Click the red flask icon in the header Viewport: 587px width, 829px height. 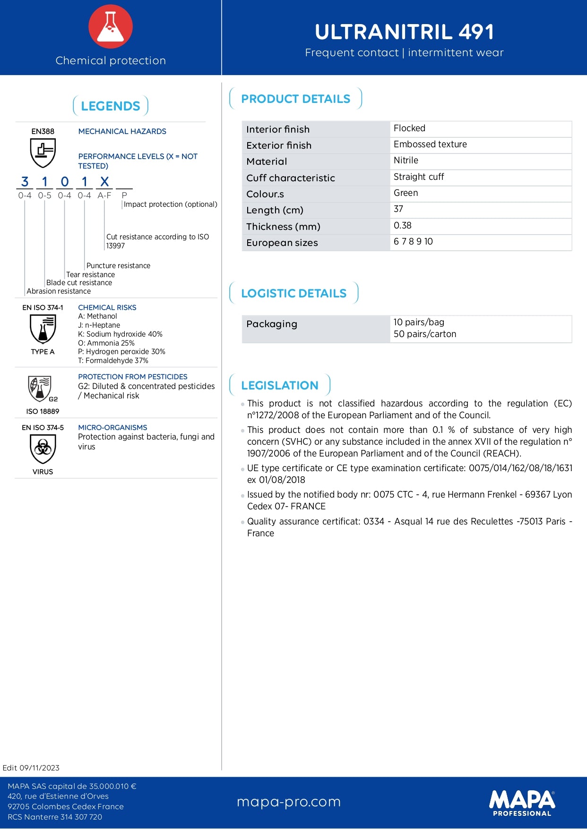click(x=111, y=26)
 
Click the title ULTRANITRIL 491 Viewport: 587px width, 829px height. click(x=405, y=32)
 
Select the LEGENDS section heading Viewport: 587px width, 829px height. click(x=111, y=106)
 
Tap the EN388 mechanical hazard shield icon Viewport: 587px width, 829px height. click(x=43, y=152)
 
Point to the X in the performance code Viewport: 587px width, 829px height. click(x=104, y=182)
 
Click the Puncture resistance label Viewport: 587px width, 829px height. click(x=118, y=266)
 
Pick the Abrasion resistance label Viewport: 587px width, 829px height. click(x=59, y=291)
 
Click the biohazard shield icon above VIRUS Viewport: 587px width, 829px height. click(x=43, y=448)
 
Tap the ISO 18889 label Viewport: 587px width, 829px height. click(x=43, y=411)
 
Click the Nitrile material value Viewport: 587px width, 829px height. click(x=406, y=161)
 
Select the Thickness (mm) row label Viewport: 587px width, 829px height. click(x=283, y=227)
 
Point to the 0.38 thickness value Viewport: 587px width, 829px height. click(x=403, y=226)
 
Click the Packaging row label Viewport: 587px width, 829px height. click(x=272, y=324)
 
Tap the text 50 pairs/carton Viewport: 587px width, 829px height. click(x=425, y=334)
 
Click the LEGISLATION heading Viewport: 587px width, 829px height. click(x=280, y=385)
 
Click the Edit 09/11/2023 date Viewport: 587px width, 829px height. click(x=31, y=768)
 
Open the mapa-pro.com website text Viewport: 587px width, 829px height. click(x=289, y=802)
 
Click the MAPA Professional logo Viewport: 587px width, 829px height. click(x=522, y=803)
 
